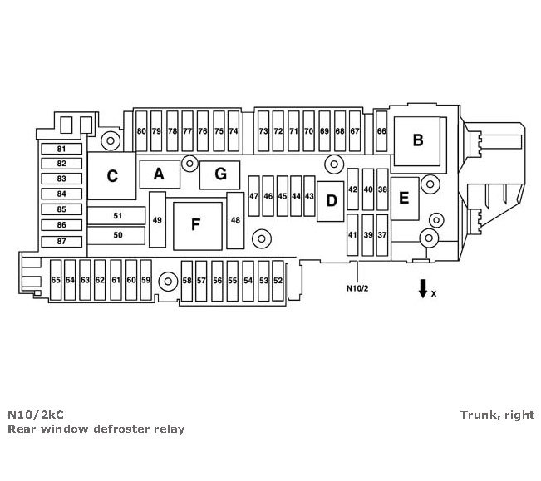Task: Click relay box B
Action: point(418,140)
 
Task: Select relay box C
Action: point(112,176)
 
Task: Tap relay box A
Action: point(159,174)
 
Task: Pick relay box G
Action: point(219,174)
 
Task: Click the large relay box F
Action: point(197,224)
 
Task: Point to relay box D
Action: point(331,200)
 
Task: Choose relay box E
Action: point(405,198)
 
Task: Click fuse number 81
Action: point(61,150)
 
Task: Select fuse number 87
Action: point(61,241)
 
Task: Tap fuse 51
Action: point(117,216)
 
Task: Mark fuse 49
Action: point(157,220)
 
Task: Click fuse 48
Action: point(236,220)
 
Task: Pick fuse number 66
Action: point(381,131)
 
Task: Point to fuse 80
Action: point(141,131)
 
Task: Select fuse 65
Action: point(56,281)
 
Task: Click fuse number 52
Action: point(278,281)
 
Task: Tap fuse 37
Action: point(382,235)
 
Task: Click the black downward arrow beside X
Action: point(423,287)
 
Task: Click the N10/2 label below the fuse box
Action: point(357,289)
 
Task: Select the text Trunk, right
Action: point(496,415)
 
